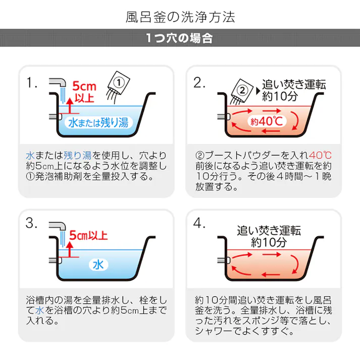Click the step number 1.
click(33, 83)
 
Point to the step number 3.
click(33, 223)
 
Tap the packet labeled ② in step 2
click(242, 91)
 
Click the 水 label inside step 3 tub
click(97, 264)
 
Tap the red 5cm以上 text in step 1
click(84, 91)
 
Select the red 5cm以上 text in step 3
click(89, 235)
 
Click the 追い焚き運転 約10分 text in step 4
click(269, 236)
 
